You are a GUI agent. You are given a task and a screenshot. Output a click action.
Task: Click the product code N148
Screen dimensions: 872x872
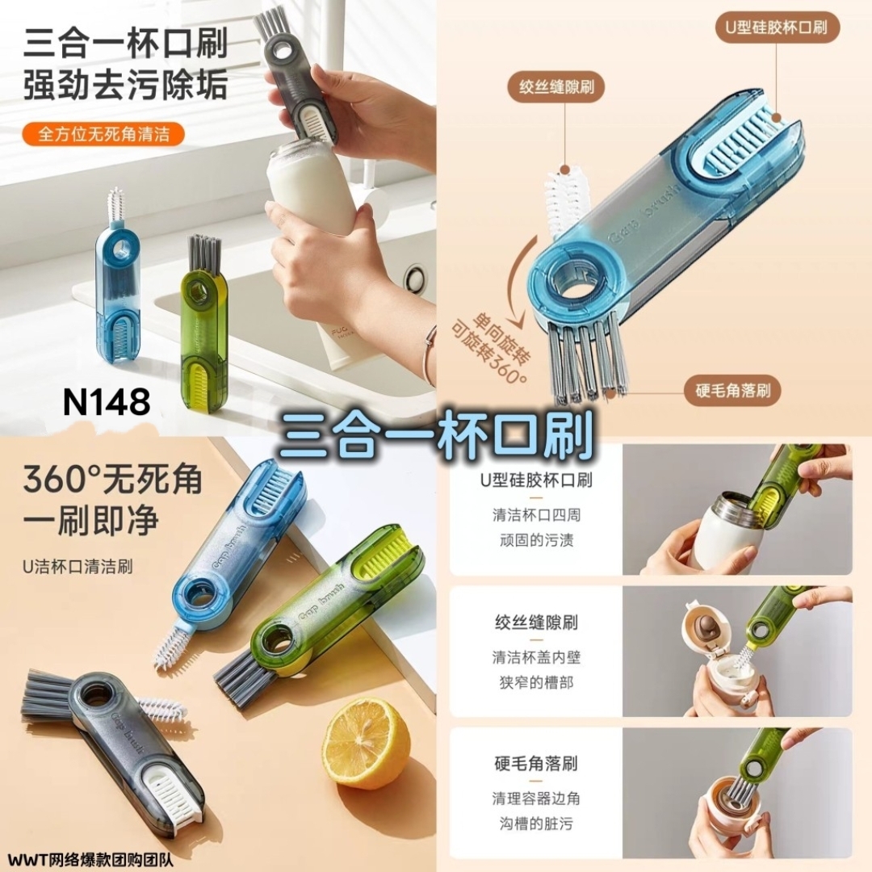107,401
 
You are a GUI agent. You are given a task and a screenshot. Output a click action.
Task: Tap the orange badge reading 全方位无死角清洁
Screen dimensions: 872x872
103,134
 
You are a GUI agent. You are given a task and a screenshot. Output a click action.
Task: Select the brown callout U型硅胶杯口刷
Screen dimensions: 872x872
777,27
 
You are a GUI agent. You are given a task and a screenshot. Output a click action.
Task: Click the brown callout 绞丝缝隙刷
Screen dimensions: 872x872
556,86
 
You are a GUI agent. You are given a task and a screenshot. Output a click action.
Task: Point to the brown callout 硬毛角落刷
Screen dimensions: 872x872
732,391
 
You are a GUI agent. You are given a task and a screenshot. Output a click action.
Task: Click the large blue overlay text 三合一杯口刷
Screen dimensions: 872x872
436,435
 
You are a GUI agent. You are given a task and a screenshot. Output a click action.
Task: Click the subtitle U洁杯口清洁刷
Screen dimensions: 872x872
78,567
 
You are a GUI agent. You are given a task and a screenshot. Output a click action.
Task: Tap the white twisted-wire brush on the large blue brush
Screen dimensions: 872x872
560,202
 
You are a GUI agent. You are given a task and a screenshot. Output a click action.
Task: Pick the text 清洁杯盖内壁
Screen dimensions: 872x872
535,657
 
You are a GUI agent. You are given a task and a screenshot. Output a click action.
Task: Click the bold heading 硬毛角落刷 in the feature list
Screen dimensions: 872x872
535,764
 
